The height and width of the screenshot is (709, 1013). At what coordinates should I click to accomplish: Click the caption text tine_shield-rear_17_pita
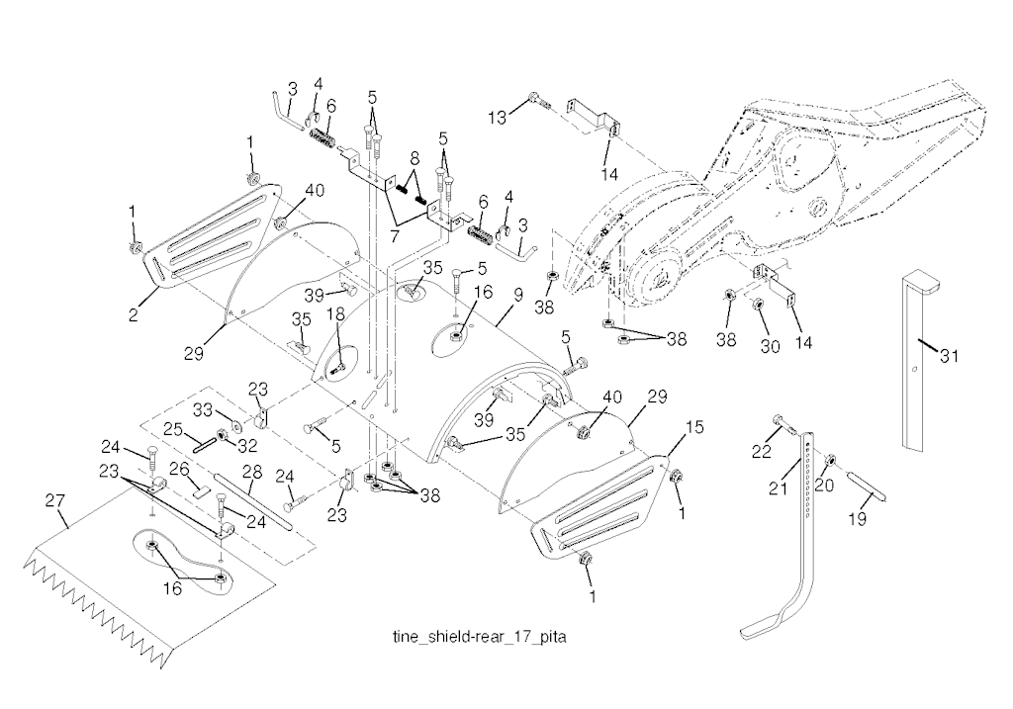pos(479,637)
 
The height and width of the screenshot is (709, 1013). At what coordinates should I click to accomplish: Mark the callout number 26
pos(181,468)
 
